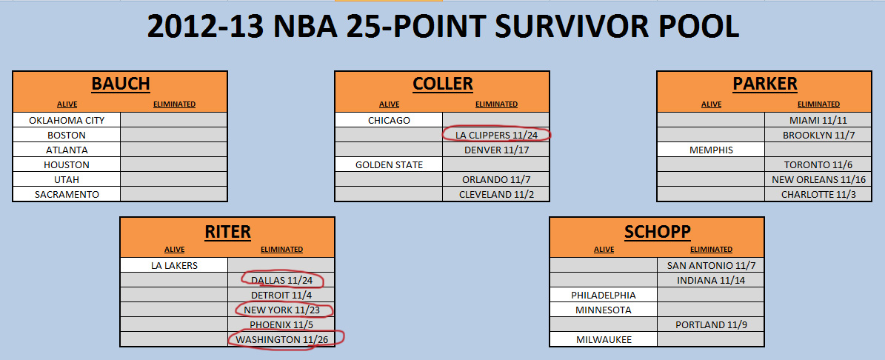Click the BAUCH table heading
click(120, 84)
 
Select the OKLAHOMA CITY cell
click(67, 120)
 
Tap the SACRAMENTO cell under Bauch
click(67, 194)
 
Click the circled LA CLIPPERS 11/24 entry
click(496, 135)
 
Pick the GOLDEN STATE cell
click(389, 164)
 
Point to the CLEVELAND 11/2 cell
click(496, 194)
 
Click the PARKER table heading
click(765, 84)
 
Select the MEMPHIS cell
click(711, 150)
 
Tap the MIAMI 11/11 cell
click(818, 120)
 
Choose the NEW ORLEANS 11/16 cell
click(818, 179)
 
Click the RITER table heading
click(227, 230)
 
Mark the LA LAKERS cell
click(174, 265)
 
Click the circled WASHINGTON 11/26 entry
click(286, 339)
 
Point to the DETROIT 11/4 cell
click(281, 295)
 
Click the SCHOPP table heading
click(657, 230)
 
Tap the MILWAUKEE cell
click(604, 339)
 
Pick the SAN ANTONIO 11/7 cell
click(711, 265)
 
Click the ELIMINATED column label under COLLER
click(496, 104)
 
